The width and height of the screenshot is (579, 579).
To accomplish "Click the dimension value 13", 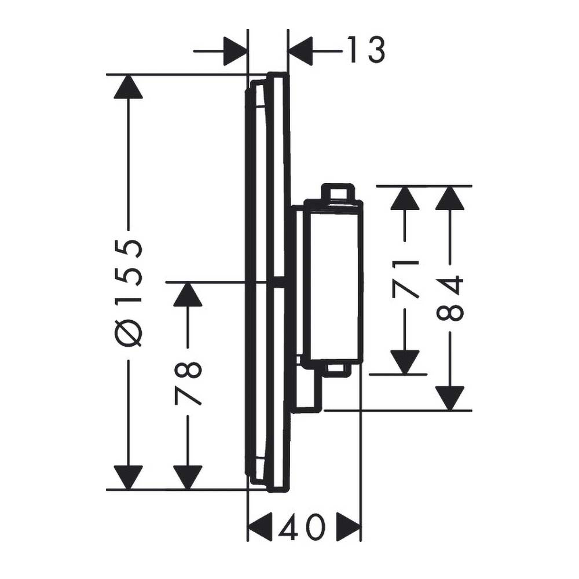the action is tap(366, 49).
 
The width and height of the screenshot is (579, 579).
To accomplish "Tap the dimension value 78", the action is tap(188, 383).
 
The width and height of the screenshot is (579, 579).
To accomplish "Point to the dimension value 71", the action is tap(405, 279).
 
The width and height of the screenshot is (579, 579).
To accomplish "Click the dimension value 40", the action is tap(303, 527).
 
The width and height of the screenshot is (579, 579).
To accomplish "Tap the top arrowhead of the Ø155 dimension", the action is tap(128, 87).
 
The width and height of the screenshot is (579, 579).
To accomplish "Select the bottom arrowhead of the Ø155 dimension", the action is tap(128, 478).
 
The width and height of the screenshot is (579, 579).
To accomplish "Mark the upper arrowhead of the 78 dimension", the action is tap(188, 294).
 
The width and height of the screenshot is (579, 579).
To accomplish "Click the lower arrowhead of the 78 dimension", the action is tap(188, 478).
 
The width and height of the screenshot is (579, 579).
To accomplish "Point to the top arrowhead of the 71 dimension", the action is tap(405, 198).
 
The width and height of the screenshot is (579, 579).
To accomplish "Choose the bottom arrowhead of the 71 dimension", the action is tap(405, 362).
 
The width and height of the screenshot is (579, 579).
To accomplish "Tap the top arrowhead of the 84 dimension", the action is tap(450, 198).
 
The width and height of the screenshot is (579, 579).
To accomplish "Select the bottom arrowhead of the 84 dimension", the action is tap(450, 398).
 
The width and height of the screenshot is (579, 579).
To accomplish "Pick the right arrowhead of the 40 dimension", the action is tap(348, 527).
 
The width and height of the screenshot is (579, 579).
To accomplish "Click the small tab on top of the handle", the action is tap(338, 192).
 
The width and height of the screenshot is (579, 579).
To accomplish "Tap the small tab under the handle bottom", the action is tap(337, 370).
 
